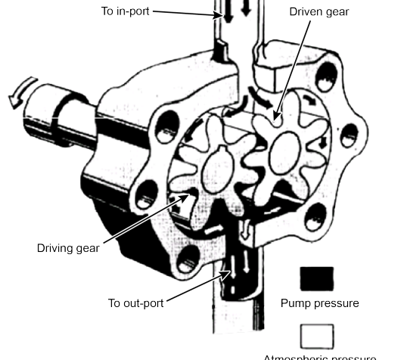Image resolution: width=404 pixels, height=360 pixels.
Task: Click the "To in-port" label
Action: [x=126, y=11]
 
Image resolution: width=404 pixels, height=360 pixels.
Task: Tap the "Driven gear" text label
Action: [x=319, y=11]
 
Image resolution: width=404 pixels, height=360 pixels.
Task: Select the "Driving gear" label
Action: [x=68, y=247]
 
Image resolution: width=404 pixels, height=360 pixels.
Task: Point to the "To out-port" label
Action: [x=135, y=303]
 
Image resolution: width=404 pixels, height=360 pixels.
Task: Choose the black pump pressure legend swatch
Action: [x=316, y=278]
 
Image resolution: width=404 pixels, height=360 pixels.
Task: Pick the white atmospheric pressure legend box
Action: [x=316, y=336]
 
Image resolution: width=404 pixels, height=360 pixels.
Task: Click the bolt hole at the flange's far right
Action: [x=349, y=136]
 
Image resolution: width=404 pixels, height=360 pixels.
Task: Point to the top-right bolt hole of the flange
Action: [x=325, y=75]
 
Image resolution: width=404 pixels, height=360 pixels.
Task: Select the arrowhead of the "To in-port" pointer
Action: [x=216, y=15]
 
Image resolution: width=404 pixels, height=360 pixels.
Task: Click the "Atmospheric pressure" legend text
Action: [x=319, y=356]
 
